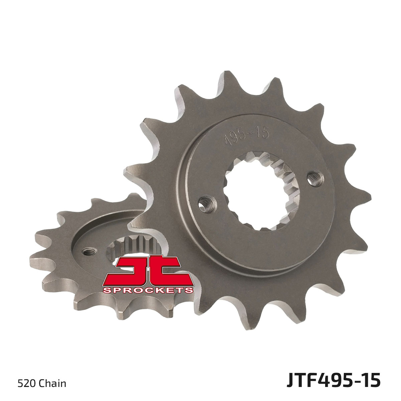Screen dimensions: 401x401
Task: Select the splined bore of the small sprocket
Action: [x=134, y=247]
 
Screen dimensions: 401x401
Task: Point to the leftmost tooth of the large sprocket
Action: [x=132, y=170]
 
